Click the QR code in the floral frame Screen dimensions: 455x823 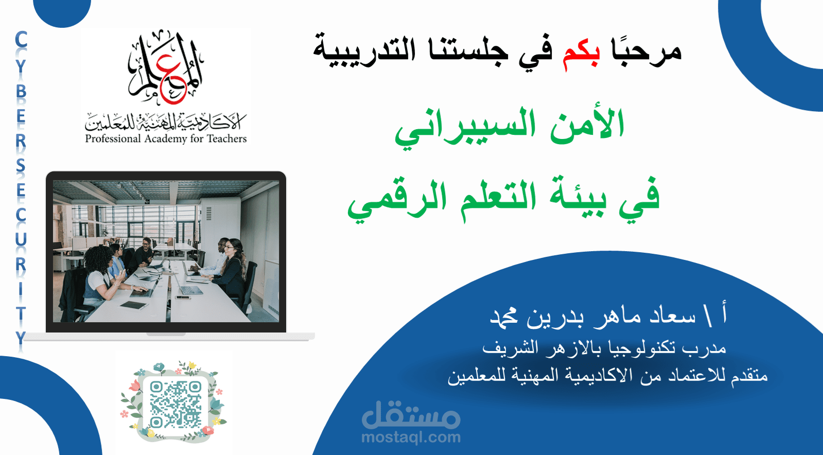point(176,404)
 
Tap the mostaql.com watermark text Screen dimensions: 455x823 point(411,437)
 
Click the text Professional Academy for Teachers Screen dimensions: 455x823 point(166,138)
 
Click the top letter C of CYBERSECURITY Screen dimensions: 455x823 point(21,40)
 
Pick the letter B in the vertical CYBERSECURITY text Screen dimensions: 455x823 point(21,91)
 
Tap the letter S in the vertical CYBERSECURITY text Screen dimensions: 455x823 point(21,166)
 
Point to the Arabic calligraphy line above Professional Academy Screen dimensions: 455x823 point(166,122)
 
